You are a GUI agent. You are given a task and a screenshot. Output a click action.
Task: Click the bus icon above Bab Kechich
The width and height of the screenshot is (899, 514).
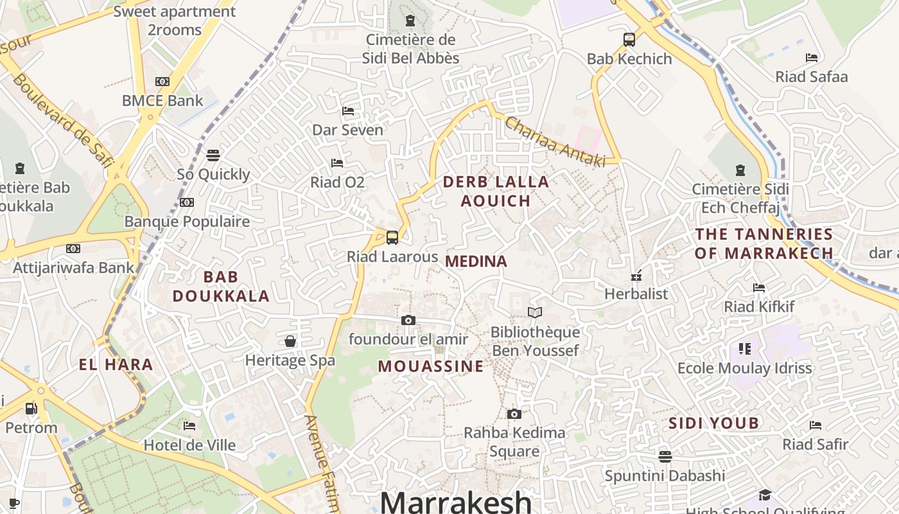pos(629,40)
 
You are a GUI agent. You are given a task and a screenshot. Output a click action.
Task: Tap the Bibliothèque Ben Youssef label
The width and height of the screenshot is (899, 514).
pos(535,341)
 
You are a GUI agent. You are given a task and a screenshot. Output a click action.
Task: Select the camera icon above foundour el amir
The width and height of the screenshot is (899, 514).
pos(408,320)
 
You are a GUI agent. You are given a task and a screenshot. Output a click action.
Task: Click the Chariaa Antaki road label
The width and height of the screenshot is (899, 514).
pos(555,141)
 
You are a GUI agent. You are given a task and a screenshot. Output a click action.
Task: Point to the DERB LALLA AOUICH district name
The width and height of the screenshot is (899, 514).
pos(496,191)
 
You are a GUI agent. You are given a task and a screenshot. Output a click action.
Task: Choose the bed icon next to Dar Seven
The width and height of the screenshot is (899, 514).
pos(348,111)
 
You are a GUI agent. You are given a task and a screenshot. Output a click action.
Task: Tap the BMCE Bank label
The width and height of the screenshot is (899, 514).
pos(162,101)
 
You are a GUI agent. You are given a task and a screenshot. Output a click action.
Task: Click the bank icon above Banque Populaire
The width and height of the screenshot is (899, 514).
pos(187,202)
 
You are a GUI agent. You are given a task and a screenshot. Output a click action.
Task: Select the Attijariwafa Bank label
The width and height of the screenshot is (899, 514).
pos(74,268)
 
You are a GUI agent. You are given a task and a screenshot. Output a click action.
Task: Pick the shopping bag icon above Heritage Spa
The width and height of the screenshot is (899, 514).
pos(290,341)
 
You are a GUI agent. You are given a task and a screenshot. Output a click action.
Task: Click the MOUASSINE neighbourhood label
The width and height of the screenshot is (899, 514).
pos(430,366)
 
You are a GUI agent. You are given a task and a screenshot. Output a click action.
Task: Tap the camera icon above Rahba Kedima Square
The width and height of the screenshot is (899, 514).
pos(514,414)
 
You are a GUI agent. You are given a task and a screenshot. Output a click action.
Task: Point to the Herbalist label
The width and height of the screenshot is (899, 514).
pos(636,294)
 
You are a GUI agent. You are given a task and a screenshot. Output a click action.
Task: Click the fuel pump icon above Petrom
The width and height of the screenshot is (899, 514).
pos(31,408)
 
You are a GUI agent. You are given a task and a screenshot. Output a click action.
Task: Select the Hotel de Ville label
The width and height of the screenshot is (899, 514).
pos(189,445)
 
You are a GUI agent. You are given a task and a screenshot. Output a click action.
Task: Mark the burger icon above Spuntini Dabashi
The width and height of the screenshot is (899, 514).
pos(665,456)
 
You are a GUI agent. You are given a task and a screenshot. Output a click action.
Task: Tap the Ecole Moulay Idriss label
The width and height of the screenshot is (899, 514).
pos(745,368)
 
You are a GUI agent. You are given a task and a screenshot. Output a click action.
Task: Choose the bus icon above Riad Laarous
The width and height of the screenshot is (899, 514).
pos(392,237)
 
